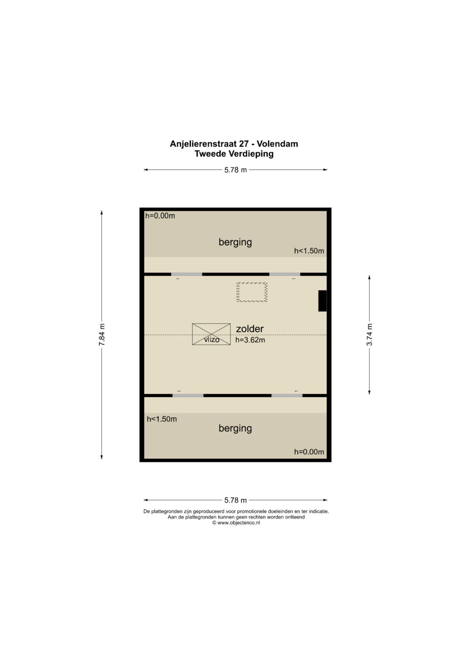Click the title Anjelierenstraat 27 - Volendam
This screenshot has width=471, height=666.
coord(234,144)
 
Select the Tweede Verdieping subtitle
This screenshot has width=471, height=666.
coord(234,154)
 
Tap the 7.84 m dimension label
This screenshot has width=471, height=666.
coord(102,334)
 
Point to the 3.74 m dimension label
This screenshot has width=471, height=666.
coord(369,334)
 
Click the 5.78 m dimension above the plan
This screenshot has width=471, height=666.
coord(235,170)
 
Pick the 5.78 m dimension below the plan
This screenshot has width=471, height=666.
coord(235,500)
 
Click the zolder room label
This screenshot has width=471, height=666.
coord(250,329)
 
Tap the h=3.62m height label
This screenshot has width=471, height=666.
coord(250,340)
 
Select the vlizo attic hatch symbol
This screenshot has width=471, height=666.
coord(212,334)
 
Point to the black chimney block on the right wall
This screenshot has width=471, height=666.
coord(322,301)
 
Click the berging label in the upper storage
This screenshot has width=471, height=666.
coord(235,242)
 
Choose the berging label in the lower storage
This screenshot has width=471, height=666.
coord(235,428)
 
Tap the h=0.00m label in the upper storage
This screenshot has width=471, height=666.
coord(160,216)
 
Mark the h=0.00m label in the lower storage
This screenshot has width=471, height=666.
coord(309,452)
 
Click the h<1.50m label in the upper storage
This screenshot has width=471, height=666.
coord(309,251)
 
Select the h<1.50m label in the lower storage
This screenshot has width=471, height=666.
coord(162,419)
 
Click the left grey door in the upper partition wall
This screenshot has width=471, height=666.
coord(187,274)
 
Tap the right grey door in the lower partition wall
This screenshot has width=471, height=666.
coord(287,396)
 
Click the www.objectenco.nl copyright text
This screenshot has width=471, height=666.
coord(236,523)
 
